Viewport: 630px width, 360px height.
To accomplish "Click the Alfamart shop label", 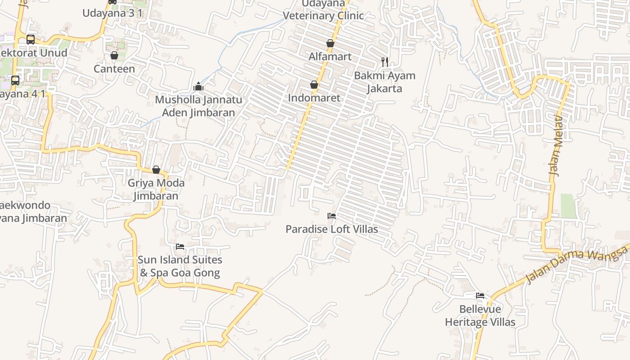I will (330, 57).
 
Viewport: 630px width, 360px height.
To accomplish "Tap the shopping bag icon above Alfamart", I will (330, 43).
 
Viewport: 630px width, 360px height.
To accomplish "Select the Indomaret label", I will (314, 98).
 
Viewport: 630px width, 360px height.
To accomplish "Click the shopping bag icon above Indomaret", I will (314, 85).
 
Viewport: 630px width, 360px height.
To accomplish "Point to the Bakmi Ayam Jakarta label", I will (384, 81).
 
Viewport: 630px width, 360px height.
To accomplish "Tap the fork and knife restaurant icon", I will (384, 62).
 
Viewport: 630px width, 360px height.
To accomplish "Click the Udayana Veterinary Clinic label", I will (323, 10).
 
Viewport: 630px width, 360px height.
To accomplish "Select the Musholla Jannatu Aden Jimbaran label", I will (198, 106).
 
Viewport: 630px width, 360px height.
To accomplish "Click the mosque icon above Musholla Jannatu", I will (198, 87).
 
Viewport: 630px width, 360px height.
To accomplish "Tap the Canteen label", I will (114, 69).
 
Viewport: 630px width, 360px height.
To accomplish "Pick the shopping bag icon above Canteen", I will (114, 55).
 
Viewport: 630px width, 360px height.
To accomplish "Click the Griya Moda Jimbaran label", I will (156, 189).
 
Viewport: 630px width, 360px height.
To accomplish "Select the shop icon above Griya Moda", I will (156, 170).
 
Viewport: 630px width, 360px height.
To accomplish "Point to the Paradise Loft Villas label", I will (332, 229).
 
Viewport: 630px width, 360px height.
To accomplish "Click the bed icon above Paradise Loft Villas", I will (332, 216).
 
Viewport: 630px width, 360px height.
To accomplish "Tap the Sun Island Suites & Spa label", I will (180, 266).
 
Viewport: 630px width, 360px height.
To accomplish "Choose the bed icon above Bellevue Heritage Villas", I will (480, 296).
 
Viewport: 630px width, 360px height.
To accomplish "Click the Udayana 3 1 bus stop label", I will (112, 13).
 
